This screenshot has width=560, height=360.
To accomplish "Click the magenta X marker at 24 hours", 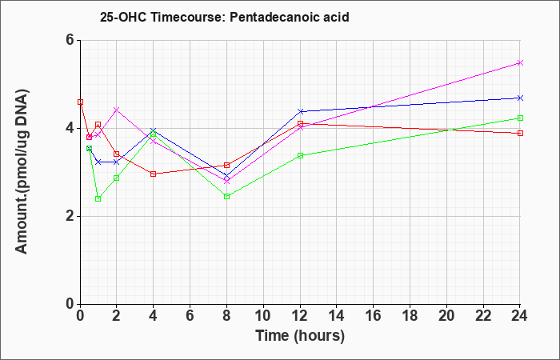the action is tap(520, 63).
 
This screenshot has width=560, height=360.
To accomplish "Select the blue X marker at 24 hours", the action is tap(520, 98).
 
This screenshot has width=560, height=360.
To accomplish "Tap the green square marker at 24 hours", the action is tap(520, 118).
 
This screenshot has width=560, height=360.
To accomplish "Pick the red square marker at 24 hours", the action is tap(520, 134).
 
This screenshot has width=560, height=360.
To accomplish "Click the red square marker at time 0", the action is tap(80, 102).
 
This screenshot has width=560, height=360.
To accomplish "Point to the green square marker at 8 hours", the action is tap(226, 197).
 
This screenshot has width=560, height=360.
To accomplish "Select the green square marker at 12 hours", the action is tap(300, 155).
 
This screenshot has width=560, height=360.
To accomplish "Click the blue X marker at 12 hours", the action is tap(300, 111).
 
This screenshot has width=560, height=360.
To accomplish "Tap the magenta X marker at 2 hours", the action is tap(117, 110).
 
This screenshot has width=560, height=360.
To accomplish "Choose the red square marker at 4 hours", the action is tap(154, 174).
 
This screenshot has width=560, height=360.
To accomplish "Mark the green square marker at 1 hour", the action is tap(98, 198).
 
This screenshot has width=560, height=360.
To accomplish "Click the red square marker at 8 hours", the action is tap(226, 165).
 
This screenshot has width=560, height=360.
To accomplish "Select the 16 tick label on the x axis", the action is tap(374, 316).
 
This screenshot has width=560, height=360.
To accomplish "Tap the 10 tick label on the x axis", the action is tap(263, 316).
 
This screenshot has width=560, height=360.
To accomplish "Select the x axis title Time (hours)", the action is tap(300, 336).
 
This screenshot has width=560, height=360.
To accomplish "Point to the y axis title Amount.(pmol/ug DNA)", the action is tap(22, 171).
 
